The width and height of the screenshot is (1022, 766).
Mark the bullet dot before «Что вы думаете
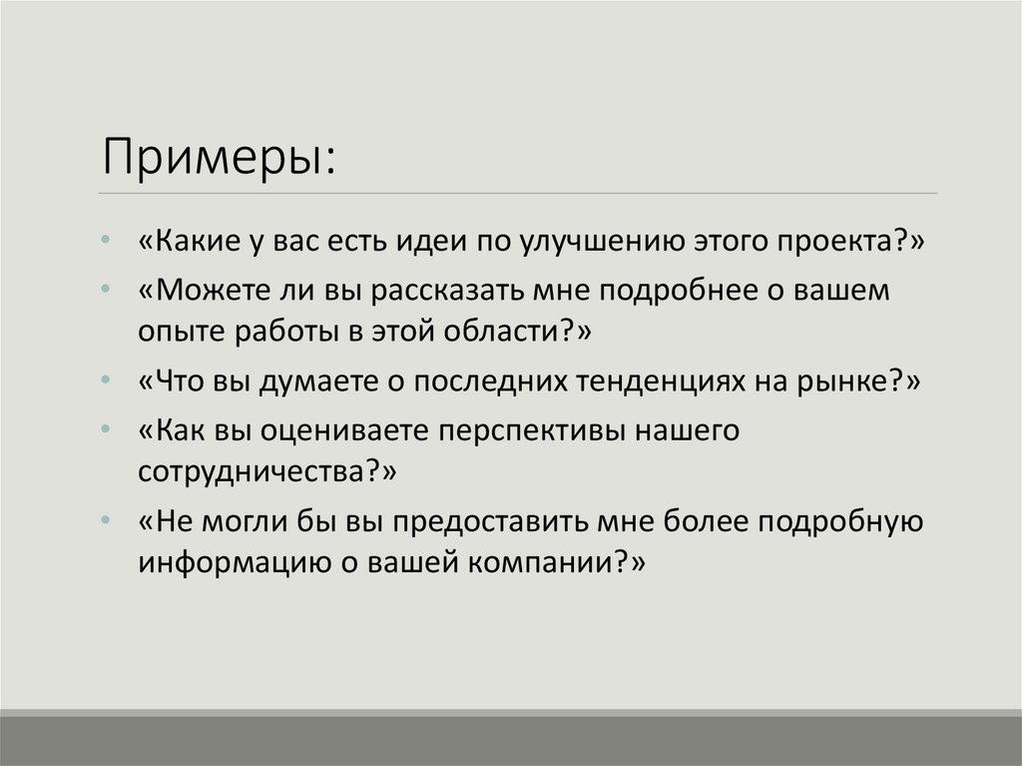click(x=107, y=383)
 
